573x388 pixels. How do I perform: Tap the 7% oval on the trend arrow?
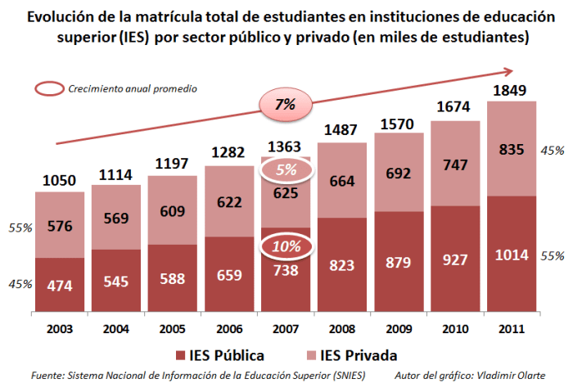[286, 104]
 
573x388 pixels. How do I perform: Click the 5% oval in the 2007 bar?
[286, 170]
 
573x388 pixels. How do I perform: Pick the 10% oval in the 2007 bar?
[286, 246]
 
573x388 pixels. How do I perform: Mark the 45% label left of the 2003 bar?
[20, 284]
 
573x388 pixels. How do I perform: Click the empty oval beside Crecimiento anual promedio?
[47, 88]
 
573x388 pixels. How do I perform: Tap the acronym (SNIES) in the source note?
[345, 375]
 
